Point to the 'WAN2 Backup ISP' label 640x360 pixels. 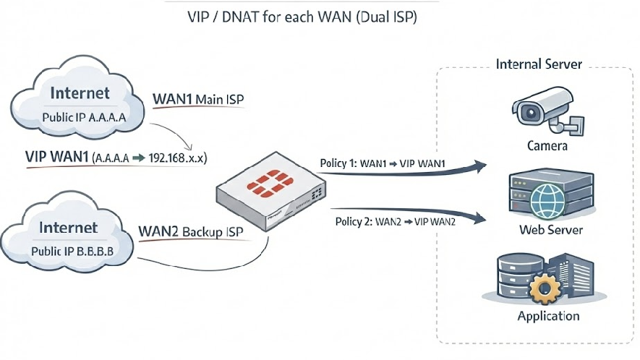pos(190,235)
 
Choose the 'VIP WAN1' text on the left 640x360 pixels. pos(56,156)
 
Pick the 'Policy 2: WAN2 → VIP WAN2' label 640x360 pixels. pos(396,222)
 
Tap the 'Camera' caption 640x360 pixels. pos(547,146)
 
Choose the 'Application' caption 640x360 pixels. pos(548,316)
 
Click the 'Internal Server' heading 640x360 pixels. pos(539,64)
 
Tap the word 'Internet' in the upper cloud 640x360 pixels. pos(80,93)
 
